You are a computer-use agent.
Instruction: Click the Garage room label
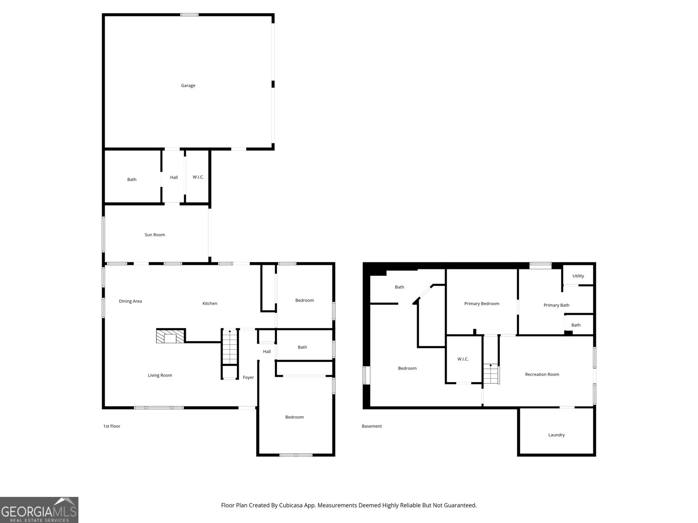click(188, 85)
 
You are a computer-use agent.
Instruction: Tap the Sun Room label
click(154, 234)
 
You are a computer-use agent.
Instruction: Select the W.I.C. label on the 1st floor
click(198, 177)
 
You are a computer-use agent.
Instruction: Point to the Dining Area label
click(130, 301)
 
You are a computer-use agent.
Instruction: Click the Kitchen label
click(210, 303)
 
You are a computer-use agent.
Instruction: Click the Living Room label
click(160, 375)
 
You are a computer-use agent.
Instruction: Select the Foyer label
click(248, 377)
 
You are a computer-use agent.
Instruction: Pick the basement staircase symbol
click(491, 374)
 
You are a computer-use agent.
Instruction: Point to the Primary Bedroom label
click(482, 304)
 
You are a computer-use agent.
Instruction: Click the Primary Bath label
click(557, 305)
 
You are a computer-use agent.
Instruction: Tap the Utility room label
click(578, 276)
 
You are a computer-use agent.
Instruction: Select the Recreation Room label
click(542, 374)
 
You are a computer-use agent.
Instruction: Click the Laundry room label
click(557, 435)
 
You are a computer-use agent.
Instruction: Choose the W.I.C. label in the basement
click(463, 359)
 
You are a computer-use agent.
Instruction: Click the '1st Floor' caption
click(112, 426)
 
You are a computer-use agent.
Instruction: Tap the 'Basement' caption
click(372, 426)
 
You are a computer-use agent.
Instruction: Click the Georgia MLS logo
click(39, 510)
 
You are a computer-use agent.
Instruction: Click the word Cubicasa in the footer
click(291, 505)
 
